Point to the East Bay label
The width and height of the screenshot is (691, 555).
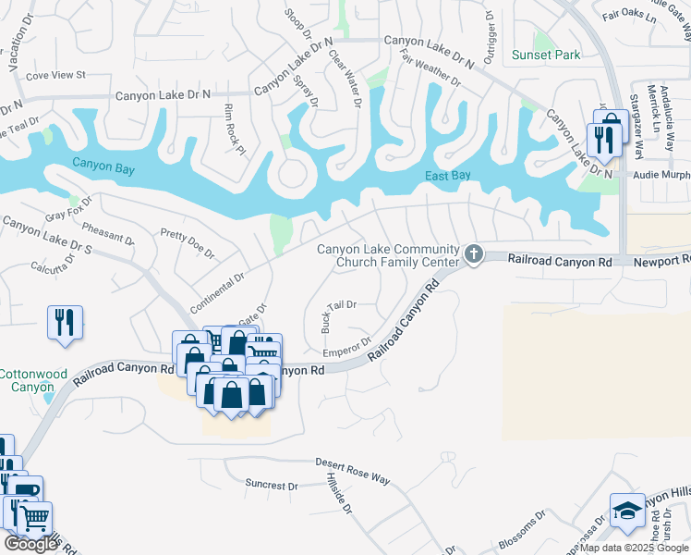tap(449, 176)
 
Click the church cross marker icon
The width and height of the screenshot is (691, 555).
tap(473, 253)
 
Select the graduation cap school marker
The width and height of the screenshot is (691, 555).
tap(626, 512)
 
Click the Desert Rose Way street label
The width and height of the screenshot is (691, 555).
tap(353, 471)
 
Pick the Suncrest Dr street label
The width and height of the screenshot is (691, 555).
tap(272, 485)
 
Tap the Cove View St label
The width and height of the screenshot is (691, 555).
tap(55, 75)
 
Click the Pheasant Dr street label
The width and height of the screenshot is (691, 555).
tap(108, 232)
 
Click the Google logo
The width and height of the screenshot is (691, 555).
tap(30, 544)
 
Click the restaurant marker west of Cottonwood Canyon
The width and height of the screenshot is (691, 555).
tap(65, 323)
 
